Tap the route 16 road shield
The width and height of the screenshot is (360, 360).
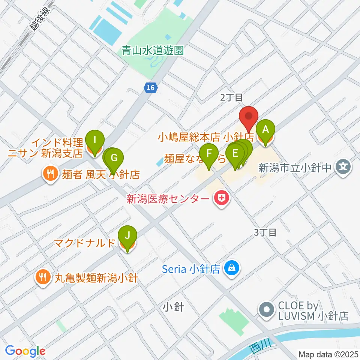pyautogui.click(x=150, y=87)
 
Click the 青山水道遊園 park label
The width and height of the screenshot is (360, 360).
pyautogui.click(x=153, y=50)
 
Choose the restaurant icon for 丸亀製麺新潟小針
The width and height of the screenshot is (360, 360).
pyautogui.click(x=42, y=277)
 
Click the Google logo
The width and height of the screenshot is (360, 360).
pyautogui.click(x=25, y=351)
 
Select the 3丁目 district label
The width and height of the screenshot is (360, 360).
pyautogui.click(x=265, y=232)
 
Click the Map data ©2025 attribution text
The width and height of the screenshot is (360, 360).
pyautogui.click(x=328, y=354)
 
